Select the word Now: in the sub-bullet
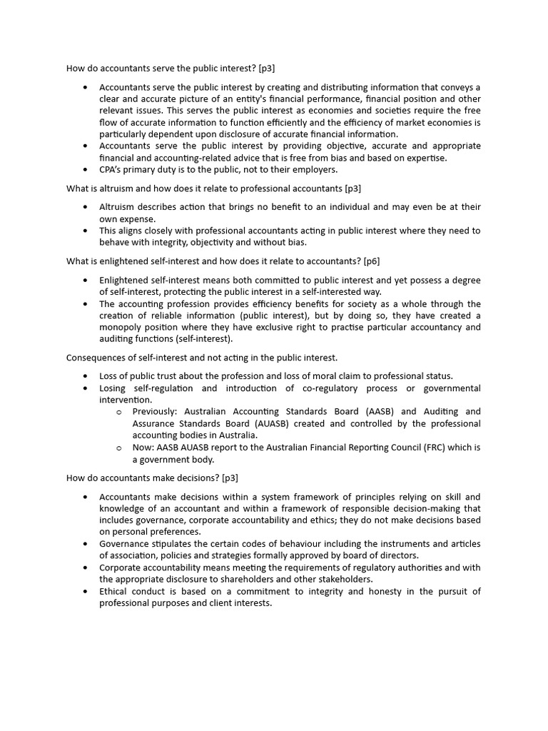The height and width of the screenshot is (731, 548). tap(143, 448)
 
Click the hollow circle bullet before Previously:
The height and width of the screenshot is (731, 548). tap(119, 412)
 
